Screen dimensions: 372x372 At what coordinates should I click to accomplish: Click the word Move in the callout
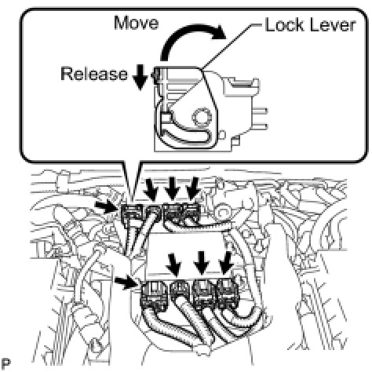click(x=137, y=23)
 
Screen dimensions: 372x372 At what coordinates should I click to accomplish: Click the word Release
click(x=94, y=74)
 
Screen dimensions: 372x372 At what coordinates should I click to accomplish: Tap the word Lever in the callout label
click(x=331, y=25)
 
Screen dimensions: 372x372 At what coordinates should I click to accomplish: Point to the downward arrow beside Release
click(x=141, y=78)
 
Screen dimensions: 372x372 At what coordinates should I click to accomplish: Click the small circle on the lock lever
click(x=202, y=118)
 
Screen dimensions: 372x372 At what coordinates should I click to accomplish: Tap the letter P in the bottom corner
click(x=5, y=363)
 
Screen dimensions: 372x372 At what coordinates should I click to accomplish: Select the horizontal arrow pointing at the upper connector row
click(x=107, y=206)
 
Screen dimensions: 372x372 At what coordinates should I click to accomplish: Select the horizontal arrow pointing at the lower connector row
click(x=126, y=283)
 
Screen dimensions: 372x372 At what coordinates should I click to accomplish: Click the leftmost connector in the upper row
click(x=132, y=214)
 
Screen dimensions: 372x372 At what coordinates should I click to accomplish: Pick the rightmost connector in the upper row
click(x=191, y=213)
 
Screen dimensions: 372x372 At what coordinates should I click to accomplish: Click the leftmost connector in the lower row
click(x=154, y=296)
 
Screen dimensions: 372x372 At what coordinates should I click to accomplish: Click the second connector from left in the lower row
click(x=181, y=293)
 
